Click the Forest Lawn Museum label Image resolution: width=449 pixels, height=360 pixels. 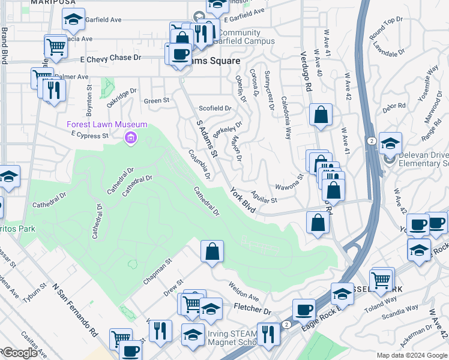coord(106,124)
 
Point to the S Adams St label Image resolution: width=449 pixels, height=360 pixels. coord(210,137)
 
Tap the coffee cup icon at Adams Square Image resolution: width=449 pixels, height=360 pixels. coord(179,54)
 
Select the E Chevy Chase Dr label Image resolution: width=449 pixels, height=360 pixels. coord(110,59)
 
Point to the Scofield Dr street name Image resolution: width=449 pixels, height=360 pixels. coord(215,109)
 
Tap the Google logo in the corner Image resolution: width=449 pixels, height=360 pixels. coord(19,353)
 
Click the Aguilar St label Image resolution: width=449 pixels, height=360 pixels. coord(264,196)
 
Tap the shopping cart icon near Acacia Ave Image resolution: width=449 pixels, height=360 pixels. coord(55,46)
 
